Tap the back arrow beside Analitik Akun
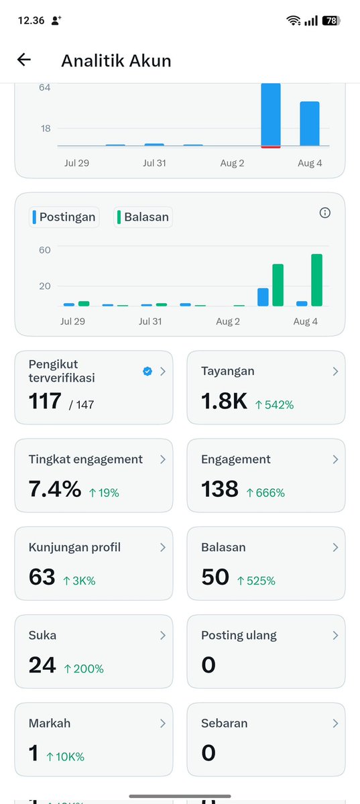pos(24,60)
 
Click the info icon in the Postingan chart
pos(324,213)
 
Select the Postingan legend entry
pos(64,217)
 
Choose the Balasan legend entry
pos(143,217)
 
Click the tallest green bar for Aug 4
pos(316,280)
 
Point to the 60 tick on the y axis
pos(45,249)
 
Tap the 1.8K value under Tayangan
pos(224,402)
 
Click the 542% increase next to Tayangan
pos(274,404)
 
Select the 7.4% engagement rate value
pos(55,490)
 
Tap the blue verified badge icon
pos(147,371)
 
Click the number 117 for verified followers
pos(45,402)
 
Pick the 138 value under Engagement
pos(219,490)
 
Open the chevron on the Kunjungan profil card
pos(162,548)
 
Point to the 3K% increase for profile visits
pos(79,581)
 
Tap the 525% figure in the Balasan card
pos(256,581)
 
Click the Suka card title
pos(42,635)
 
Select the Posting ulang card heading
pos(239,635)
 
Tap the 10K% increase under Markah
pos(65,757)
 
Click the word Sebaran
pos(224,724)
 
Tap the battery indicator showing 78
pos(331,21)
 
